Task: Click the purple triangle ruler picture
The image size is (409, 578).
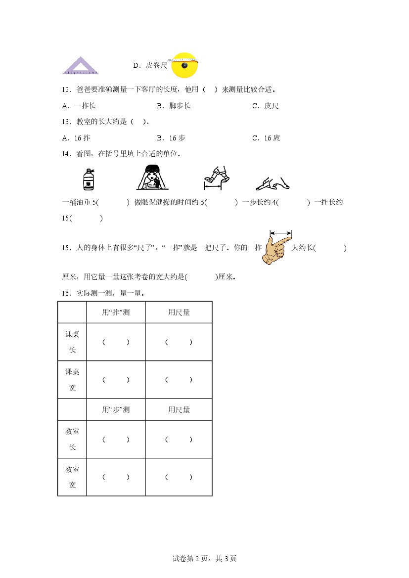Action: pyautogui.click(x=79, y=66)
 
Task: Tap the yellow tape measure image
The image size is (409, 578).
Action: pyautogui.click(x=184, y=65)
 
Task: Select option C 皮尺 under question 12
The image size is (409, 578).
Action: pyautogui.click(x=265, y=106)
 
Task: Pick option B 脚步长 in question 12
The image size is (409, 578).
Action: pyautogui.click(x=174, y=106)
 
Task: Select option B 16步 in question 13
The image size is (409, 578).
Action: pyautogui.click(x=171, y=138)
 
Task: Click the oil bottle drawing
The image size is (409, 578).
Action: pyautogui.click(x=89, y=178)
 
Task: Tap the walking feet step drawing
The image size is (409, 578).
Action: pyautogui.click(x=218, y=178)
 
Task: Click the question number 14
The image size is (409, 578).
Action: pyautogui.click(x=67, y=154)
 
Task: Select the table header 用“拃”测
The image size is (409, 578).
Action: pyautogui.click(x=116, y=312)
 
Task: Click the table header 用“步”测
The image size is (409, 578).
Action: pyautogui.click(x=116, y=410)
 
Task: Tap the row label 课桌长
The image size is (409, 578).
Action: pyautogui.click(x=72, y=342)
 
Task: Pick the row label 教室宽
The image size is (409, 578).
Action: pyautogui.click(x=72, y=478)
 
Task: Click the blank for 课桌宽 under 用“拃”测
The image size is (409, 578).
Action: pyautogui.click(x=116, y=380)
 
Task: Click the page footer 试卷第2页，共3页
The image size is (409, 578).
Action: pyautogui.click(x=204, y=559)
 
